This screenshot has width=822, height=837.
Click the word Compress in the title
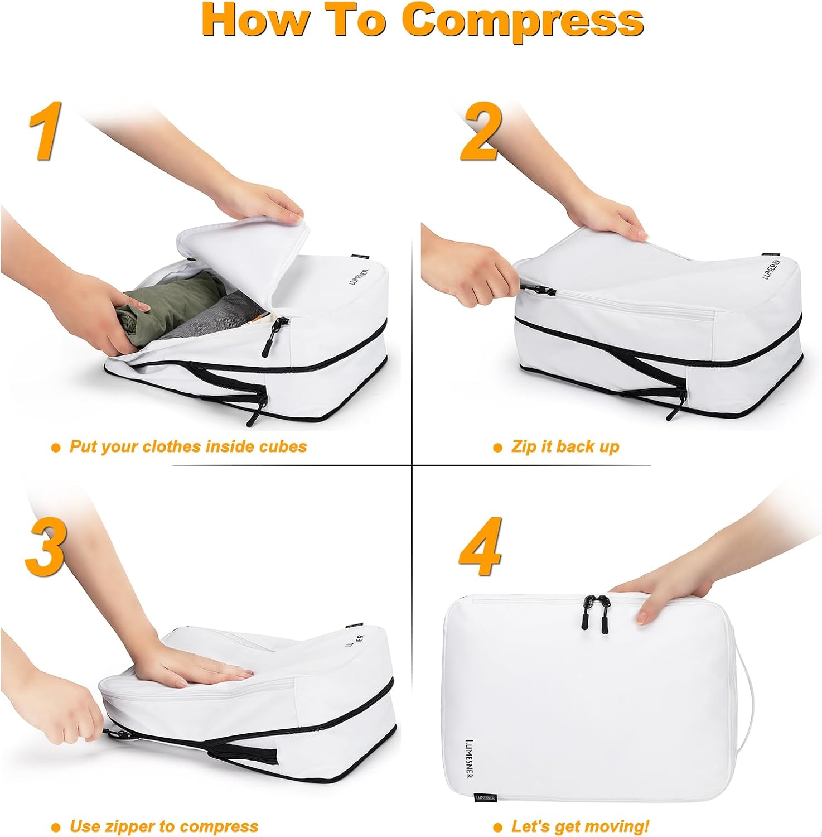click(x=522, y=21)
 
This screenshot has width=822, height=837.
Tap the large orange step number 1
click(x=45, y=130)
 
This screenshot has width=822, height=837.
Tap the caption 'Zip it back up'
click(x=565, y=447)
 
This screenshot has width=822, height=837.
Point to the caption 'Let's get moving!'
click(x=580, y=826)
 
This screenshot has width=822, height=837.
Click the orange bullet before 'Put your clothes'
click(x=55, y=448)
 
